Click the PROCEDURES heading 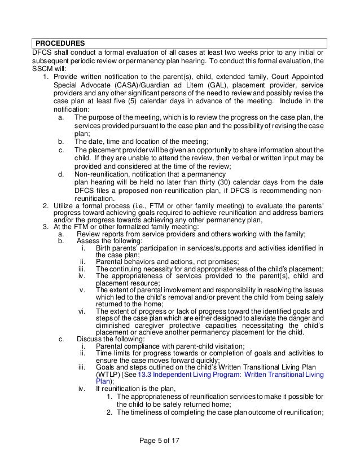(60, 43)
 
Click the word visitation (217, 345)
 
